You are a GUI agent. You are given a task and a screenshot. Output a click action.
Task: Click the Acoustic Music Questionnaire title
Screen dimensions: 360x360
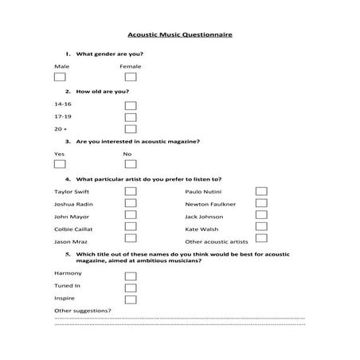[x=180, y=36]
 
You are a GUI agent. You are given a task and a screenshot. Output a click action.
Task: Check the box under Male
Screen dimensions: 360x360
[x=60, y=77]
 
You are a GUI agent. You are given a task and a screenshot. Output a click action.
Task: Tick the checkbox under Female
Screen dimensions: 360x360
[x=131, y=77]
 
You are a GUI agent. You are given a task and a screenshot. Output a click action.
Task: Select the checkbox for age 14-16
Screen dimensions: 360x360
[x=131, y=105]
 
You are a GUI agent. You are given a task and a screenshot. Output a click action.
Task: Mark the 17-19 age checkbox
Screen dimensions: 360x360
[x=131, y=117]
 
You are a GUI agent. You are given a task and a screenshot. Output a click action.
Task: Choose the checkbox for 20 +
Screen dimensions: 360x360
[x=131, y=129]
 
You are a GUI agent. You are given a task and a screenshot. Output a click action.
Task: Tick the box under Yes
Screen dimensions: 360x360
[x=60, y=164]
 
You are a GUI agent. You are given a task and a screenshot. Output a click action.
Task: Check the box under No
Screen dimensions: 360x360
[x=131, y=164]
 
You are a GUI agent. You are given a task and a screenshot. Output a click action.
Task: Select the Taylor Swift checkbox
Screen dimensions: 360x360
[x=131, y=192]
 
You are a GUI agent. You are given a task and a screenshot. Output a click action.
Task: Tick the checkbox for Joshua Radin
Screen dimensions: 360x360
[x=131, y=204]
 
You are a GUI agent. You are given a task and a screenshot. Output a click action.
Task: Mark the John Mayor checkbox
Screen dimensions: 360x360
[x=131, y=216]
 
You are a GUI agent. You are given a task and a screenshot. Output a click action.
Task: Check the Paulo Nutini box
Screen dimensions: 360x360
[x=261, y=192]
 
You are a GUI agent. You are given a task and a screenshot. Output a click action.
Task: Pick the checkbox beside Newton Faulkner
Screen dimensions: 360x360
[x=261, y=204]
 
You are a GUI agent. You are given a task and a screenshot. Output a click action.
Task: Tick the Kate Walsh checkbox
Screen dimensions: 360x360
[x=261, y=228]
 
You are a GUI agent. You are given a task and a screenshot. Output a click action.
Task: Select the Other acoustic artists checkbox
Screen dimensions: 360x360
[x=261, y=240]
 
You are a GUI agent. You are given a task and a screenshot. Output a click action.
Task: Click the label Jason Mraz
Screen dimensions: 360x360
[x=69, y=241]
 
